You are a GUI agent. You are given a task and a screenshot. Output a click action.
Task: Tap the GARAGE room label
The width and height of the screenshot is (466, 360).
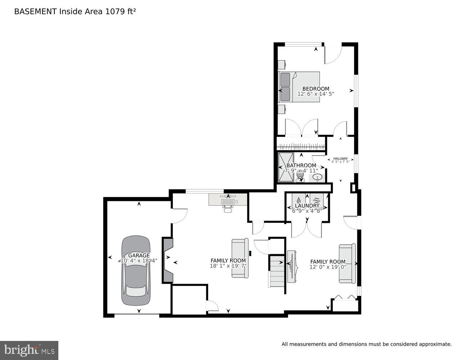pyautogui.click(x=139, y=255)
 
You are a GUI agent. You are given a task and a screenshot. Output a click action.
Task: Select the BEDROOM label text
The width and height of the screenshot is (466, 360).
pyautogui.click(x=315, y=89)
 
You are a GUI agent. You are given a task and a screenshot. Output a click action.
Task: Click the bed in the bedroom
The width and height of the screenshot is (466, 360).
pyautogui.click(x=299, y=87)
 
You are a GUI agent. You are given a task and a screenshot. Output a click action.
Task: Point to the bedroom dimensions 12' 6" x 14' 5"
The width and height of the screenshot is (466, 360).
pyautogui.click(x=315, y=94)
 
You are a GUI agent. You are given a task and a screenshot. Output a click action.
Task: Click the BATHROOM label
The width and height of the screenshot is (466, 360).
pyautogui.click(x=301, y=166)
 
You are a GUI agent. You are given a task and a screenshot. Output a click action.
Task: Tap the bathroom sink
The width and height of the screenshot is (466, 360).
pyautogui.click(x=317, y=177)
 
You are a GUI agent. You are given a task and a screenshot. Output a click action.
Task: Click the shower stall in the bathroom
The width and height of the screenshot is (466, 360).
pyautogui.click(x=286, y=167)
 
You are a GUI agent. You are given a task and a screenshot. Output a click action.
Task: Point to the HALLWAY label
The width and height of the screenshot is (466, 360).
pyautogui.click(x=340, y=158)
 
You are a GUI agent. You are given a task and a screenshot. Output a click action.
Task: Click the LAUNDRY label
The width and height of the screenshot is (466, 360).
pyautogui.click(x=307, y=206)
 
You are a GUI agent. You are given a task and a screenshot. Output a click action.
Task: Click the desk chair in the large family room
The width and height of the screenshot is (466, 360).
pyautogui.click(x=228, y=208)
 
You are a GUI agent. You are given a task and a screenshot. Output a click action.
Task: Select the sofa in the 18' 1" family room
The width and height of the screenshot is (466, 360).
pyautogui.click(x=240, y=258)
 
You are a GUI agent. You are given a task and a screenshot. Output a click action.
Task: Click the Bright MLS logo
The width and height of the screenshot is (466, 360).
pyautogui.click(x=29, y=350)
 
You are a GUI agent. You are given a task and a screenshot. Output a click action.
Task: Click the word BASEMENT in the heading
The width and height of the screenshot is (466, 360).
pyautogui.click(x=35, y=12)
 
